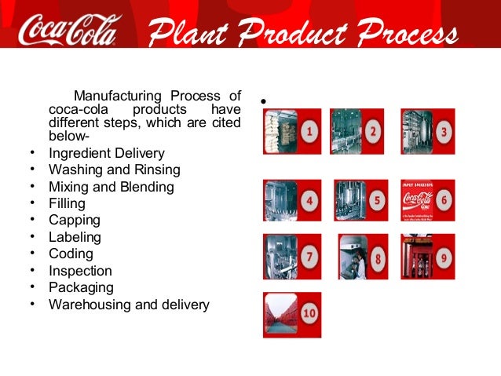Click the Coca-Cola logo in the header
point(70,31)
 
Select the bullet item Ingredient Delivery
point(107,152)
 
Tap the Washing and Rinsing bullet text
point(115,170)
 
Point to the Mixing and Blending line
point(112,187)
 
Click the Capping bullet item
point(74,221)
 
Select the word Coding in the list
point(71,254)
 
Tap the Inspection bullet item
point(80,271)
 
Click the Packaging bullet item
point(81,287)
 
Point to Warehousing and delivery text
point(129,305)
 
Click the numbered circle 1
point(311,132)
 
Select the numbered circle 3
point(444,132)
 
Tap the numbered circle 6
point(444,201)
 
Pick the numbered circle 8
point(378,257)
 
